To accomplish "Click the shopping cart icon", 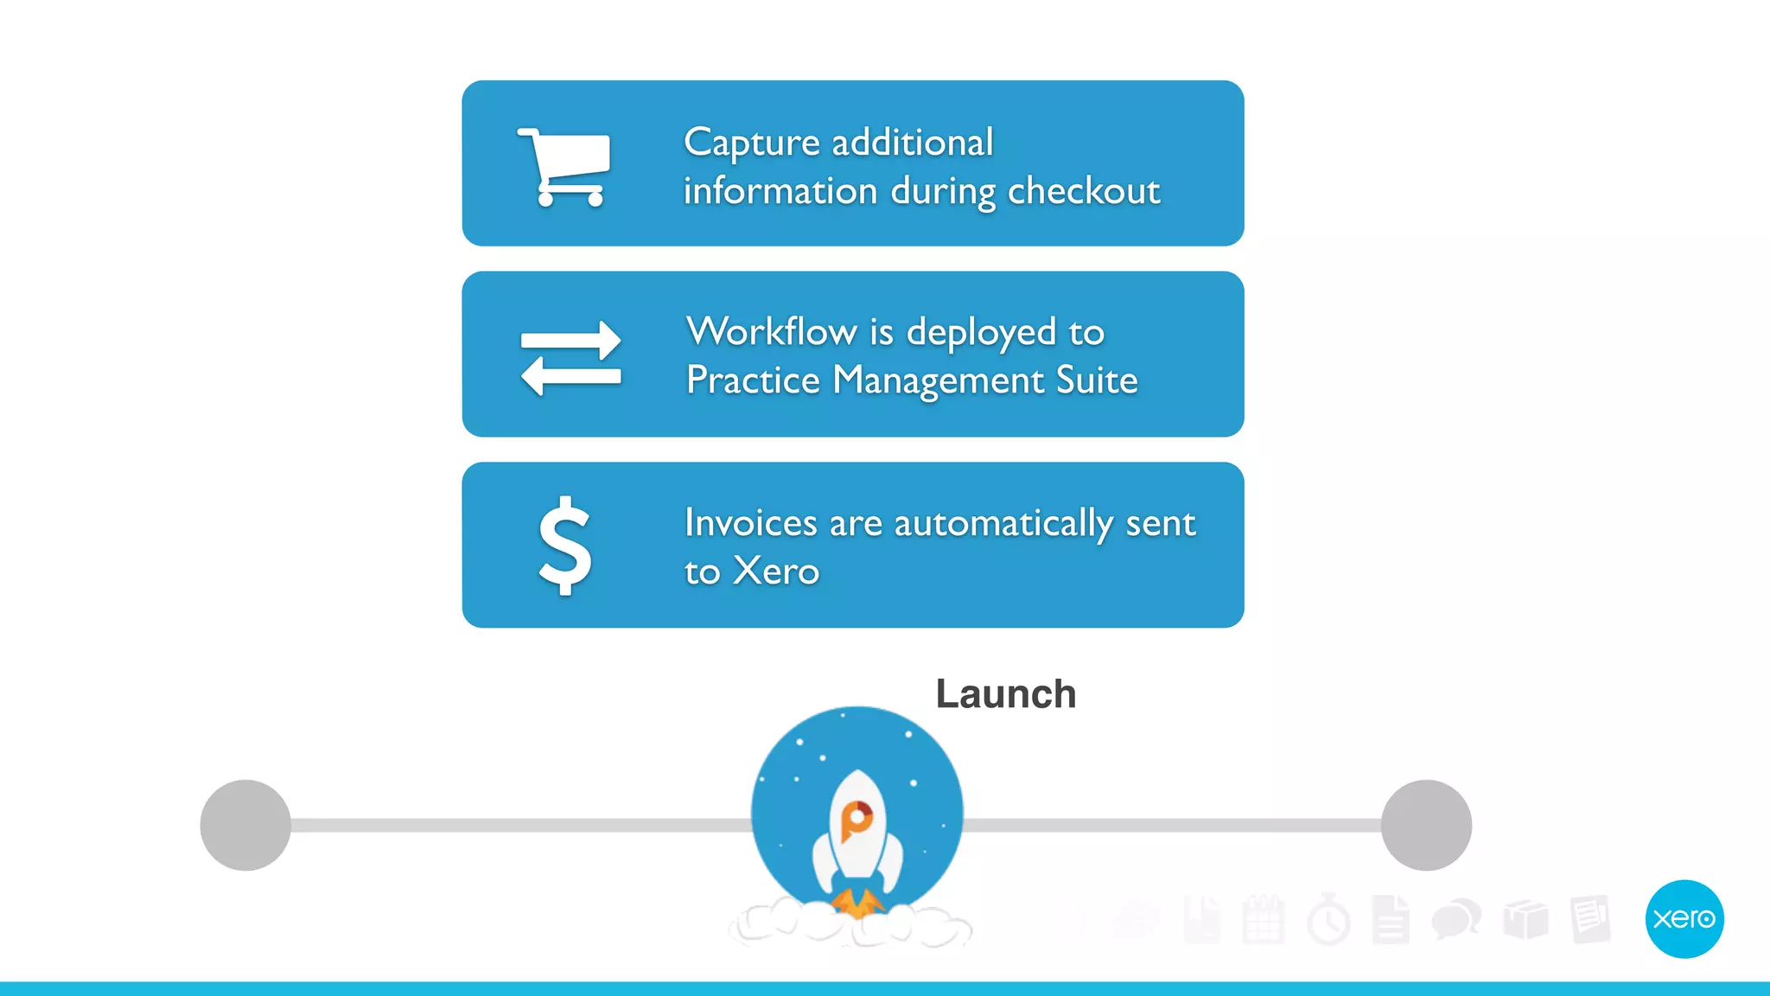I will pos(565,167).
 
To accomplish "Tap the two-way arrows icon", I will pos(570,358).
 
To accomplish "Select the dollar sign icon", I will pos(565,546).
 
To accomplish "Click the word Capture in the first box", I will pos(751,143).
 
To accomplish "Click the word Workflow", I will pos(771,332).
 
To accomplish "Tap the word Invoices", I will pos(750,523).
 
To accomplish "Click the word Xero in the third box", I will pos(776,571).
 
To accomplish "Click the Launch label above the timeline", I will pos(1005,694).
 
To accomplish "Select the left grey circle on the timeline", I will pos(245,825).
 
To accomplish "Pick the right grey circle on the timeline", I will pos(1426,825).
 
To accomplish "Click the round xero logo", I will pos(1684,918).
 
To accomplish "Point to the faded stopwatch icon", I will pos(1328,920).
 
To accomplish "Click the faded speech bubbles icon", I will pos(1455,918).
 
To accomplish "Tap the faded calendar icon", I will pos(1263,920).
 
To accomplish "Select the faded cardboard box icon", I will pos(1525,919).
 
